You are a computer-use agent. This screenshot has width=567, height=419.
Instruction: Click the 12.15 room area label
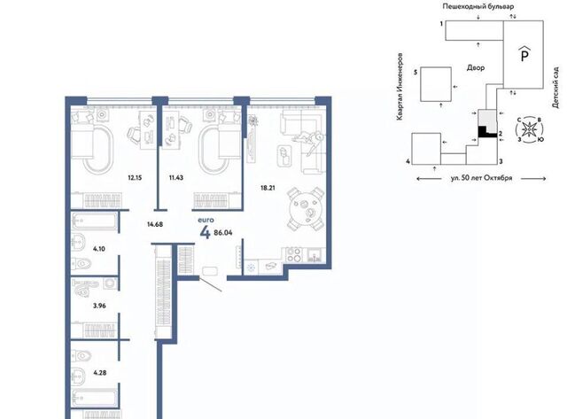coord(135,177)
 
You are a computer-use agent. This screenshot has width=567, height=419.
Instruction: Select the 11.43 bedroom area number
coord(176,177)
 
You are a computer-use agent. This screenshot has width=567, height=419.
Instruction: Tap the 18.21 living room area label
coord(268,188)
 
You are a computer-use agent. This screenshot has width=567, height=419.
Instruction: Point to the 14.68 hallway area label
coord(155,224)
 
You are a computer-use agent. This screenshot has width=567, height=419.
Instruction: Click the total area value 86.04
coord(223,233)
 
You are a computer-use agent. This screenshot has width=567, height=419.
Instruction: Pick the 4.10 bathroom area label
coord(98,249)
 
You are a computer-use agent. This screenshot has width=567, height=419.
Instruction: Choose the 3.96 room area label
coord(99,306)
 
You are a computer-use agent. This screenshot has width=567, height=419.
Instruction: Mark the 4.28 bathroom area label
coord(100,372)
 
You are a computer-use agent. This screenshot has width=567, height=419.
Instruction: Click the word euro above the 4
coord(206,220)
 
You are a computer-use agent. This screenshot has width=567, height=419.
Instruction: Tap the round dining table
coord(306,209)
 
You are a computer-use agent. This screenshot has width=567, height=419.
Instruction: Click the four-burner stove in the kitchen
coord(293,255)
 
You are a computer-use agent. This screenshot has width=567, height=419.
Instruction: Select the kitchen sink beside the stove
coord(315,255)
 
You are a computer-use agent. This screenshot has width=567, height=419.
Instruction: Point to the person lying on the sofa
coord(308,140)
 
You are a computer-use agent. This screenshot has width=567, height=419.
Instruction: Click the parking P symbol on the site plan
coord(524,54)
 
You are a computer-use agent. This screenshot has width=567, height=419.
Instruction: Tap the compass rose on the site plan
coord(530,129)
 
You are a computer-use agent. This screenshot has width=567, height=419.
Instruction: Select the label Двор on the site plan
coord(476,67)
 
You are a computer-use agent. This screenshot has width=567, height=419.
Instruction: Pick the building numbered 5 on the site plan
coord(436,84)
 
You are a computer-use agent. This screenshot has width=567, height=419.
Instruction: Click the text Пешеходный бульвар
coord(478,6)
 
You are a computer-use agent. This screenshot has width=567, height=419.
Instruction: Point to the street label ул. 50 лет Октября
coord(481,178)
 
